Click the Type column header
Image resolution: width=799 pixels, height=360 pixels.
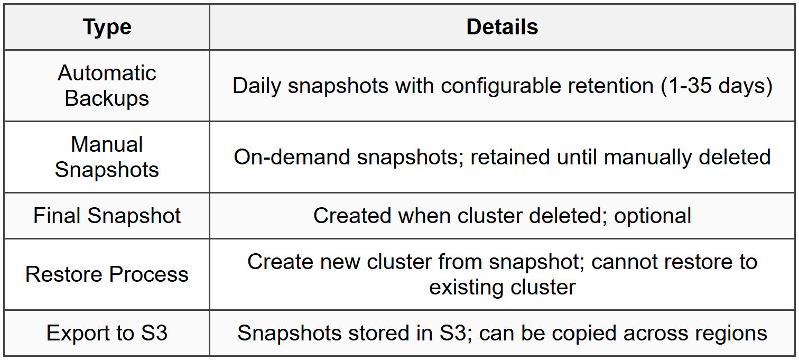click(x=107, y=27)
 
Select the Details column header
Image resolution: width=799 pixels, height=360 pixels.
click(x=502, y=27)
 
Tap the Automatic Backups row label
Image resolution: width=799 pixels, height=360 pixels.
click(x=107, y=86)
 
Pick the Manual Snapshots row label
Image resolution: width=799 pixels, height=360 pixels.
click(x=107, y=157)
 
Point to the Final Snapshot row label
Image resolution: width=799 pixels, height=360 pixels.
click(x=107, y=216)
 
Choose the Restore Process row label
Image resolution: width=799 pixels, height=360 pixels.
click(x=107, y=274)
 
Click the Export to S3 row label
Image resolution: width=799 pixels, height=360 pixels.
click(x=107, y=333)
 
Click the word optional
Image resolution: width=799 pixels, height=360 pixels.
click(x=653, y=216)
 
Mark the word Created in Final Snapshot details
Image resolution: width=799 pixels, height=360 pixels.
click(x=352, y=216)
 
